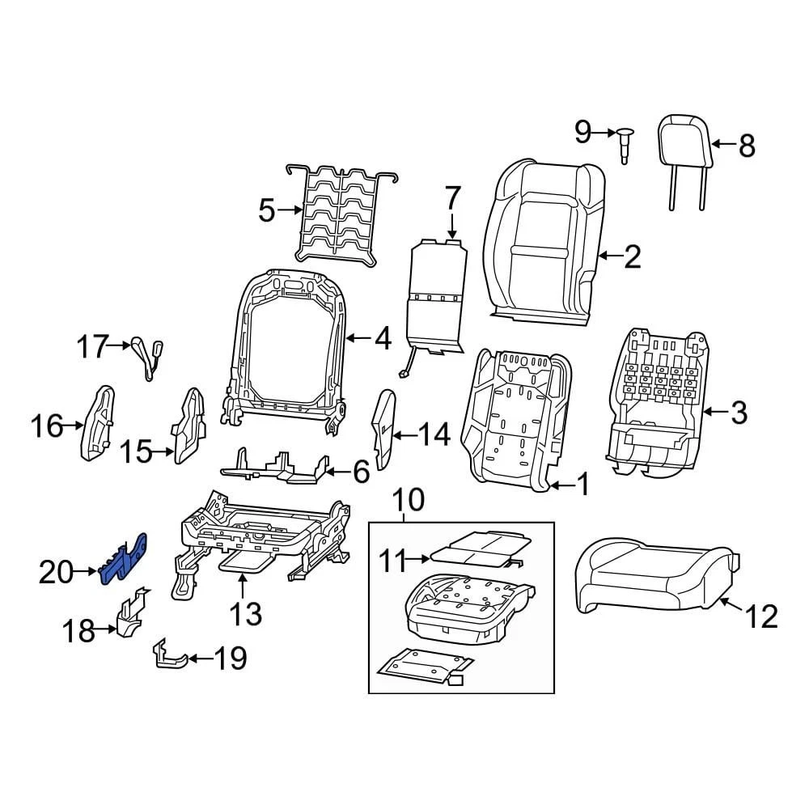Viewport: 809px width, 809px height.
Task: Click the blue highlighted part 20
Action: (123, 559)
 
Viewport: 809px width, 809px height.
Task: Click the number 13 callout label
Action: (244, 614)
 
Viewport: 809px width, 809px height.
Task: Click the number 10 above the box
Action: (409, 501)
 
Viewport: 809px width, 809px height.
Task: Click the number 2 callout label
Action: (631, 256)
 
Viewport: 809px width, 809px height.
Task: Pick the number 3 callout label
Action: (738, 413)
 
